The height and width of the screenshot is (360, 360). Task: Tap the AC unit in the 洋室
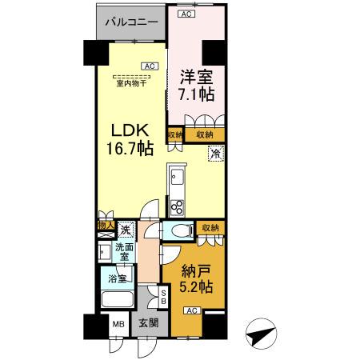[186, 14]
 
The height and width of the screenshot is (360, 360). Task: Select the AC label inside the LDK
[150, 66]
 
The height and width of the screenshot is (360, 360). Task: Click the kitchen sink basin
[178, 178]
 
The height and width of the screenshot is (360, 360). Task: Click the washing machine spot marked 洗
[125, 230]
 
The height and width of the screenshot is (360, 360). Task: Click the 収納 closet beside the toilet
[211, 229]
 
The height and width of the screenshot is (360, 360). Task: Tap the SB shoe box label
[164, 298]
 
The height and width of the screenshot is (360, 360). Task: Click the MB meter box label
[118, 326]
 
